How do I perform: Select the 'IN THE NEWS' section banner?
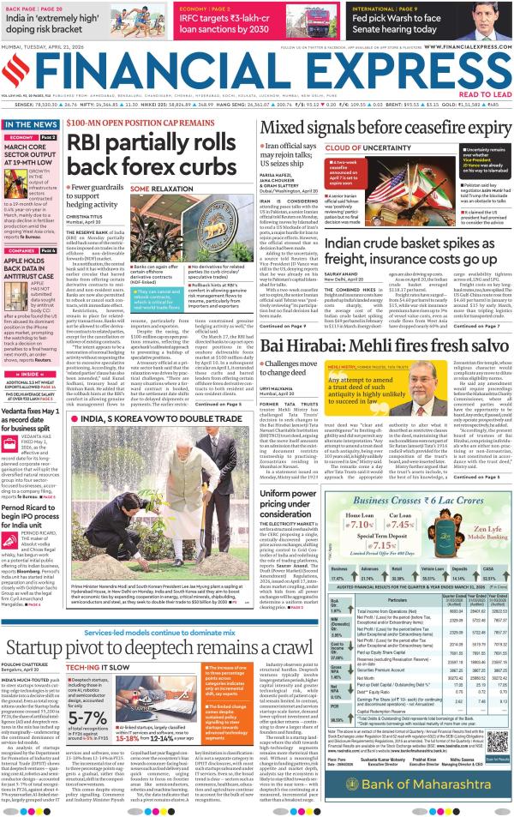(x=31, y=125)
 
